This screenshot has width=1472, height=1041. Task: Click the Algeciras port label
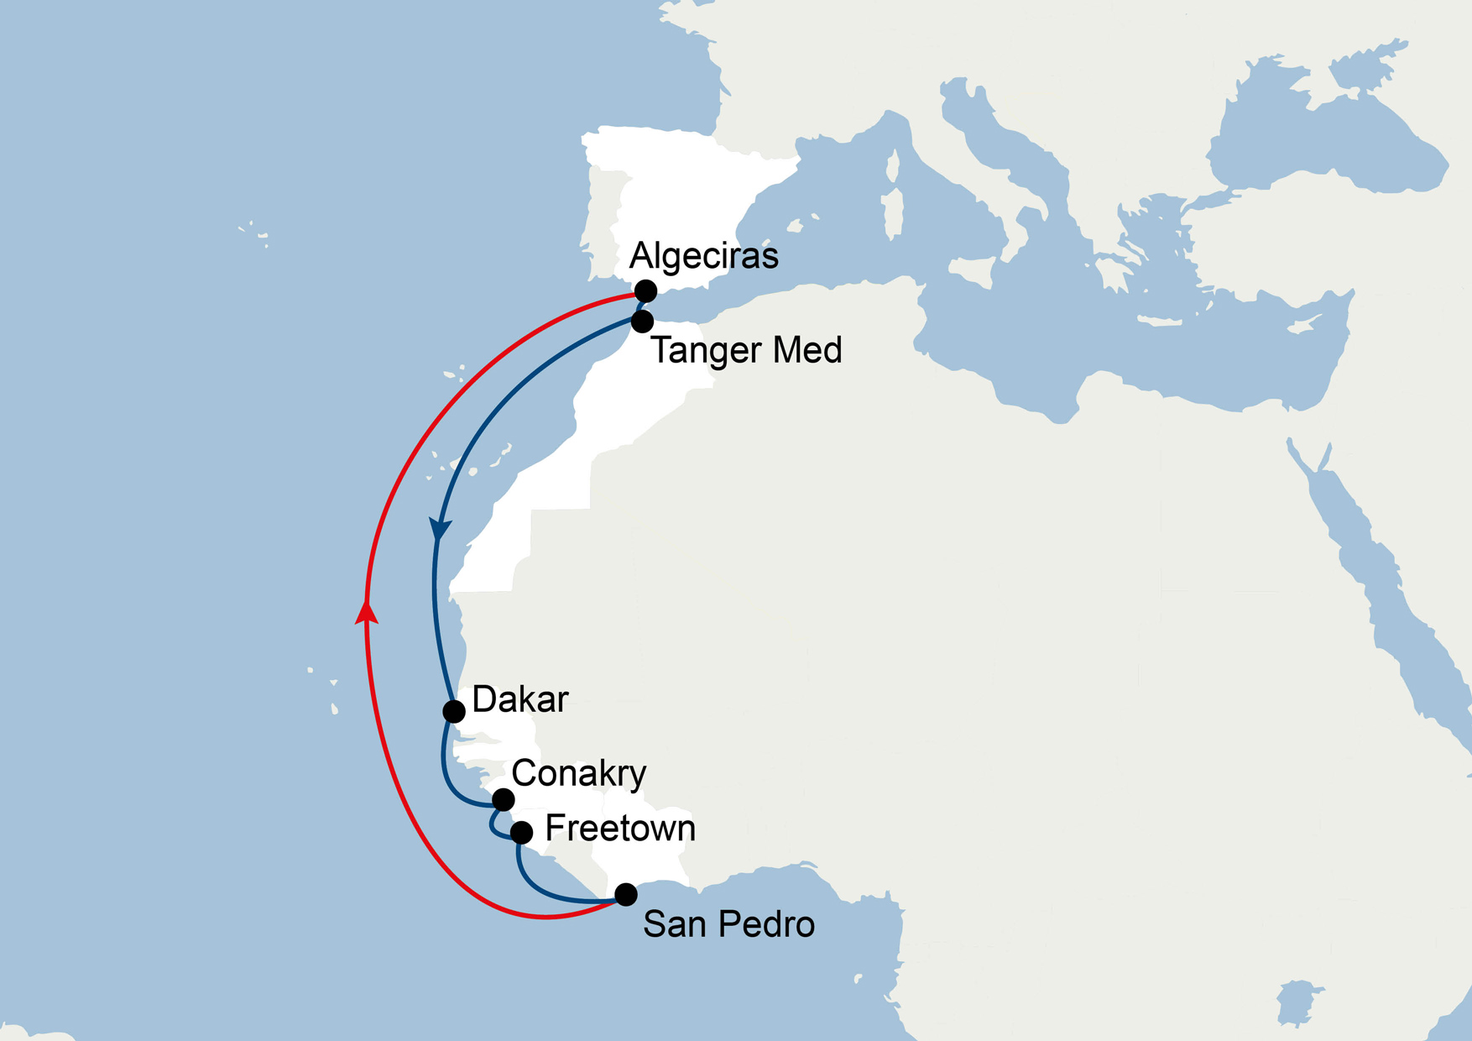click(x=703, y=256)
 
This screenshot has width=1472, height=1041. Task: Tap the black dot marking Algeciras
click(x=645, y=291)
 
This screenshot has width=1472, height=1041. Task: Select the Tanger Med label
click(x=746, y=350)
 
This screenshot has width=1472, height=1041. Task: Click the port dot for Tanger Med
click(x=642, y=321)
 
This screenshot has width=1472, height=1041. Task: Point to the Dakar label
click(x=520, y=699)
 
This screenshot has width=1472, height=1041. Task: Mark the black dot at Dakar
click(x=454, y=712)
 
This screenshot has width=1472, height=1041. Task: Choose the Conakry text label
click(x=578, y=773)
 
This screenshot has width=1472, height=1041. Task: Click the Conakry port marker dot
click(x=503, y=799)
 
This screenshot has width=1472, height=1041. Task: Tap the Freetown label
click(x=620, y=829)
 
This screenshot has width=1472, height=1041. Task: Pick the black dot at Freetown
click(x=522, y=832)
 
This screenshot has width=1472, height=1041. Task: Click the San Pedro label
click(x=728, y=924)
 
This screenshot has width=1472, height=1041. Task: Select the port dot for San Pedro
click(x=626, y=894)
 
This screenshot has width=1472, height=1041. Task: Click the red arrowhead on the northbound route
click(x=366, y=612)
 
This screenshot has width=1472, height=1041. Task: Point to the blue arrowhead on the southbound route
click(x=440, y=529)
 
